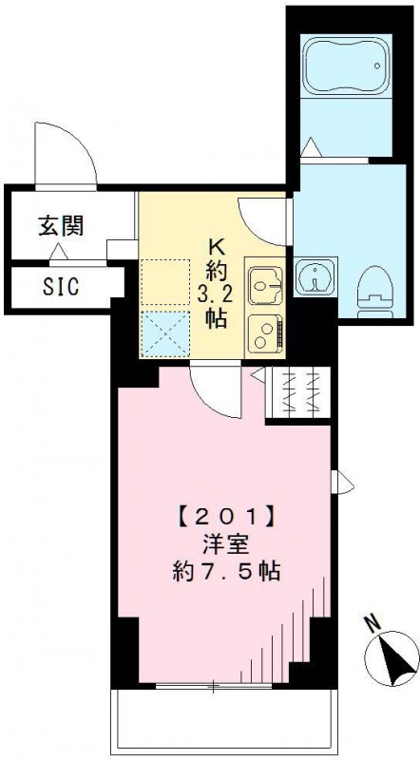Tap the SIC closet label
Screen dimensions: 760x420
[x=60, y=285]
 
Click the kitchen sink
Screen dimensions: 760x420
[x=263, y=283]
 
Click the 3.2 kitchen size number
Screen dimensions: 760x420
[x=215, y=293]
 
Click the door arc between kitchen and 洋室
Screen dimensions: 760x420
[x=208, y=387]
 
